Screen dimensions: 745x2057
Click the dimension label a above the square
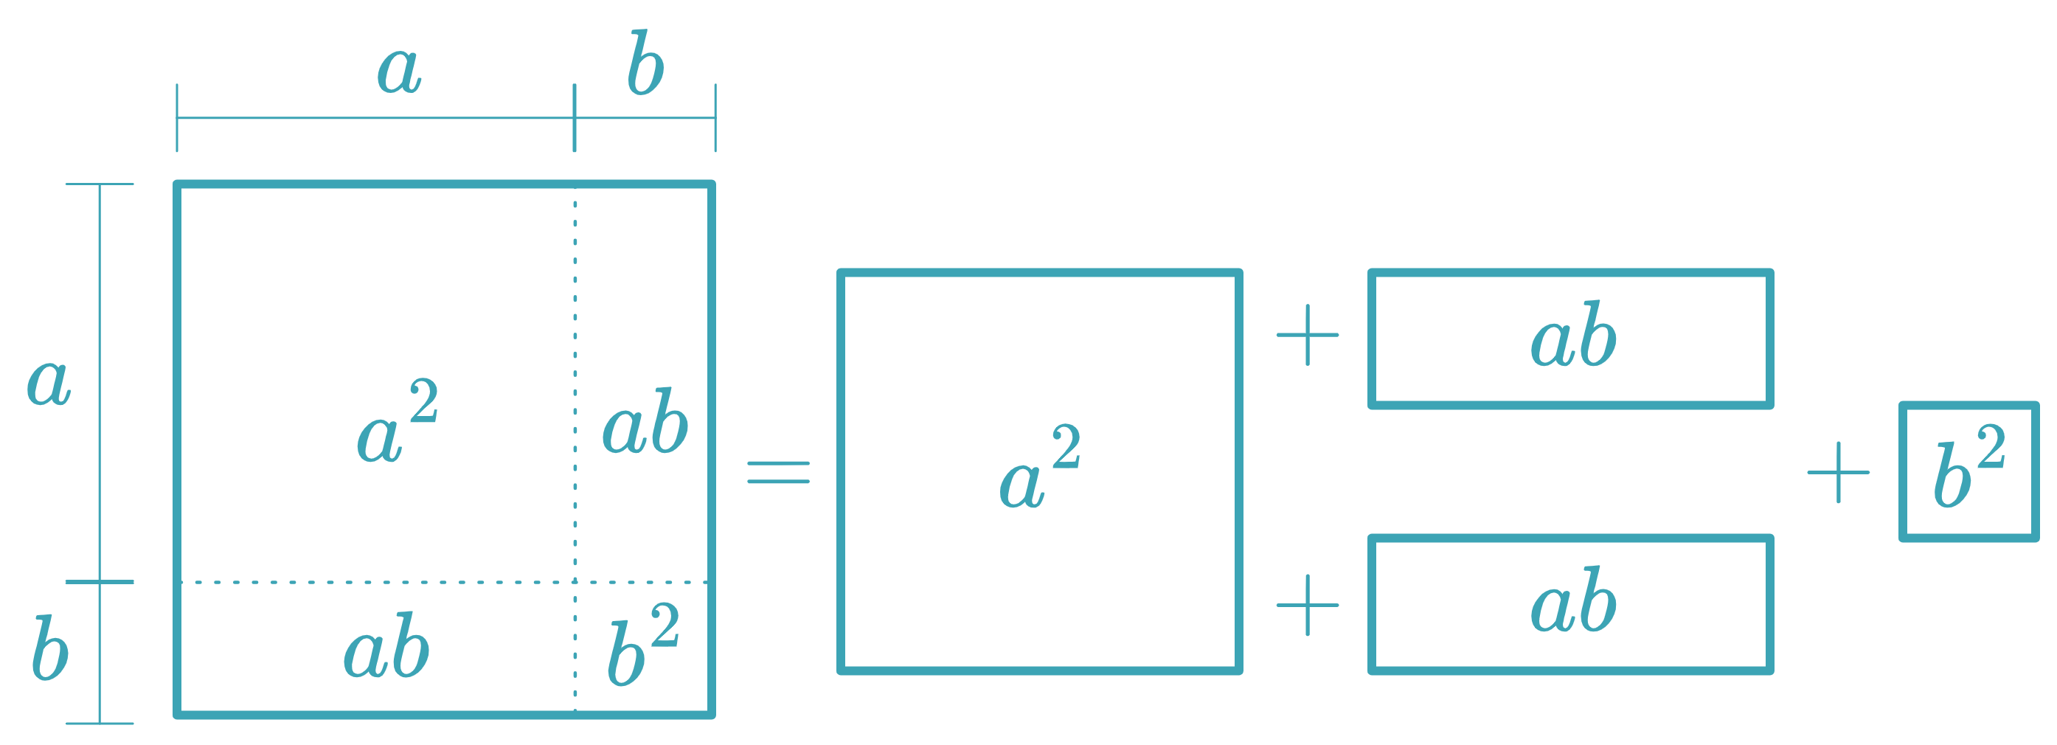(x=398, y=70)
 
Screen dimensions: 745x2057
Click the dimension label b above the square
(x=645, y=64)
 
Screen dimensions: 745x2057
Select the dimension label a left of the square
(x=49, y=381)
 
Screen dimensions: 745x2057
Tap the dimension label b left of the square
(x=49, y=648)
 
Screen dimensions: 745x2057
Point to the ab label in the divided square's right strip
(x=645, y=422)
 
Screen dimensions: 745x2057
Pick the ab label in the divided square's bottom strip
(x=386, y=646)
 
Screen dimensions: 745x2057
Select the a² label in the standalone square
(x=1040, y=468)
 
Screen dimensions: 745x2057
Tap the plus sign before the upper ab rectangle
(x=1307, y=336)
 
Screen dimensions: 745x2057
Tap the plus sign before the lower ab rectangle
(x=1307, y=606)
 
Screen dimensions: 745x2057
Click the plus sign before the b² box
(x=1838, y=473)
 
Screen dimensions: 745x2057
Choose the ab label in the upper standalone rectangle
(x=1573, y=336)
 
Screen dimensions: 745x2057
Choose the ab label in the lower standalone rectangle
(x=1573, y=601)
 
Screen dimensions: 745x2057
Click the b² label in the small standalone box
(x=1969, y=468)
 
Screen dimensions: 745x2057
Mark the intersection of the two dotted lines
(x=575, y=582)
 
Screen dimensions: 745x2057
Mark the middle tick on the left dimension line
(x=99, y=582)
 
